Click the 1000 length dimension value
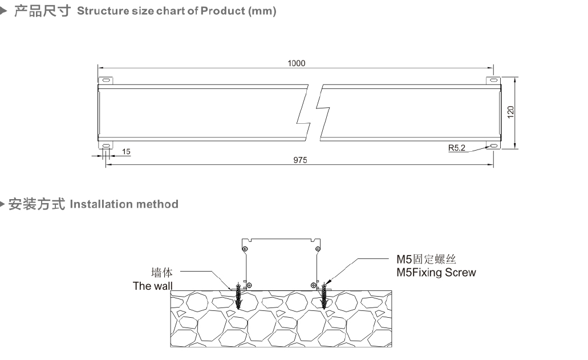(296, 63)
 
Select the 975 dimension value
(300, 160)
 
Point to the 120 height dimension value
(511, 112)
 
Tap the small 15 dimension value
(126, 152)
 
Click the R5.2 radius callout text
(456, 148)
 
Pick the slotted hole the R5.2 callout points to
(492, 147)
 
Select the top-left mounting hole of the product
(104, 79)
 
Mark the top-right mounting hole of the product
(492, 79)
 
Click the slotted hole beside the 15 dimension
(105, 147)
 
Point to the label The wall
(152, 286)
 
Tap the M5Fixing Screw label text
(436, 273)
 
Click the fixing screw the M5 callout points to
(325, 295)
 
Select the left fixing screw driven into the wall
(238, 295)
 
